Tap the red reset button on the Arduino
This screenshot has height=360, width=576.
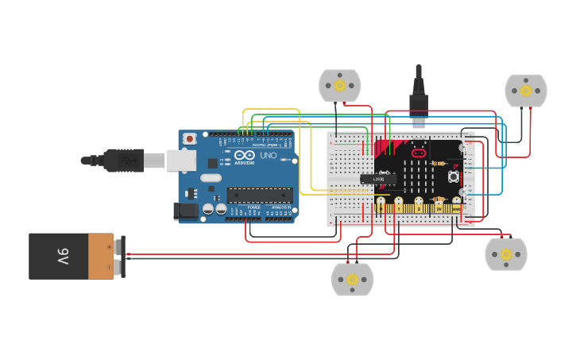(x=189, y=139)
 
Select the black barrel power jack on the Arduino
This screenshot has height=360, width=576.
(x=185, y=211)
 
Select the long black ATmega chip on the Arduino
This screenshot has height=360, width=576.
(x=259, y=195)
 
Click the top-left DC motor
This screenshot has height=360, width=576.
(x=340, y=85)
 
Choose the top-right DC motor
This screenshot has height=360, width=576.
(x=526, y=91)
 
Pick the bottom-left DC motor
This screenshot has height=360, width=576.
(x=352, y=279)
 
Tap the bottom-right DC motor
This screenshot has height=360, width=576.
(x=506, y=254)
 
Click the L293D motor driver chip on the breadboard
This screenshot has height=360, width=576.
(x=378, y=179)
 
